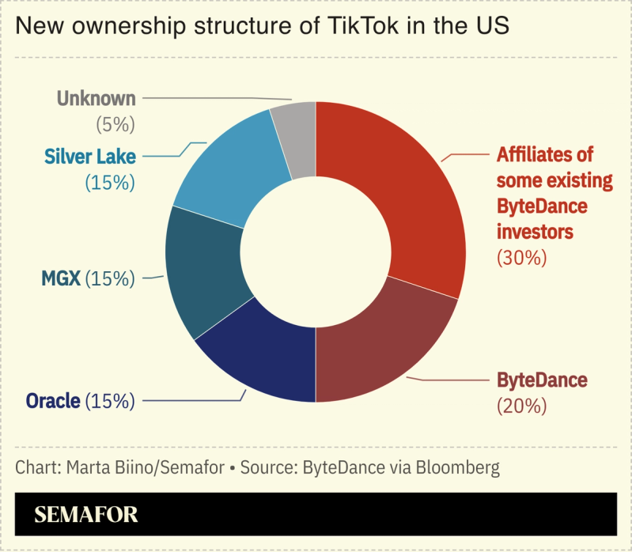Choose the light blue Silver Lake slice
pyautogui.click(x=229, y=174)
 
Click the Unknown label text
pyautogui.click(x=97, y=99)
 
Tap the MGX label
pyautogui.click(x=60, y=278)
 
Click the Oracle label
pyautogui.click(x=53, y=401)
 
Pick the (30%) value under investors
pyautogui.click(x=521, y=257)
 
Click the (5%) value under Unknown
pyautogui.click(x=115, y=124)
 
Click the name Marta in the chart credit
pyautogui.click(x=89, y=467)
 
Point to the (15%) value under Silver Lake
pyautogui.click(x=110, y=182)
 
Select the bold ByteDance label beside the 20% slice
pyautogui.click(x=542, y=380)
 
